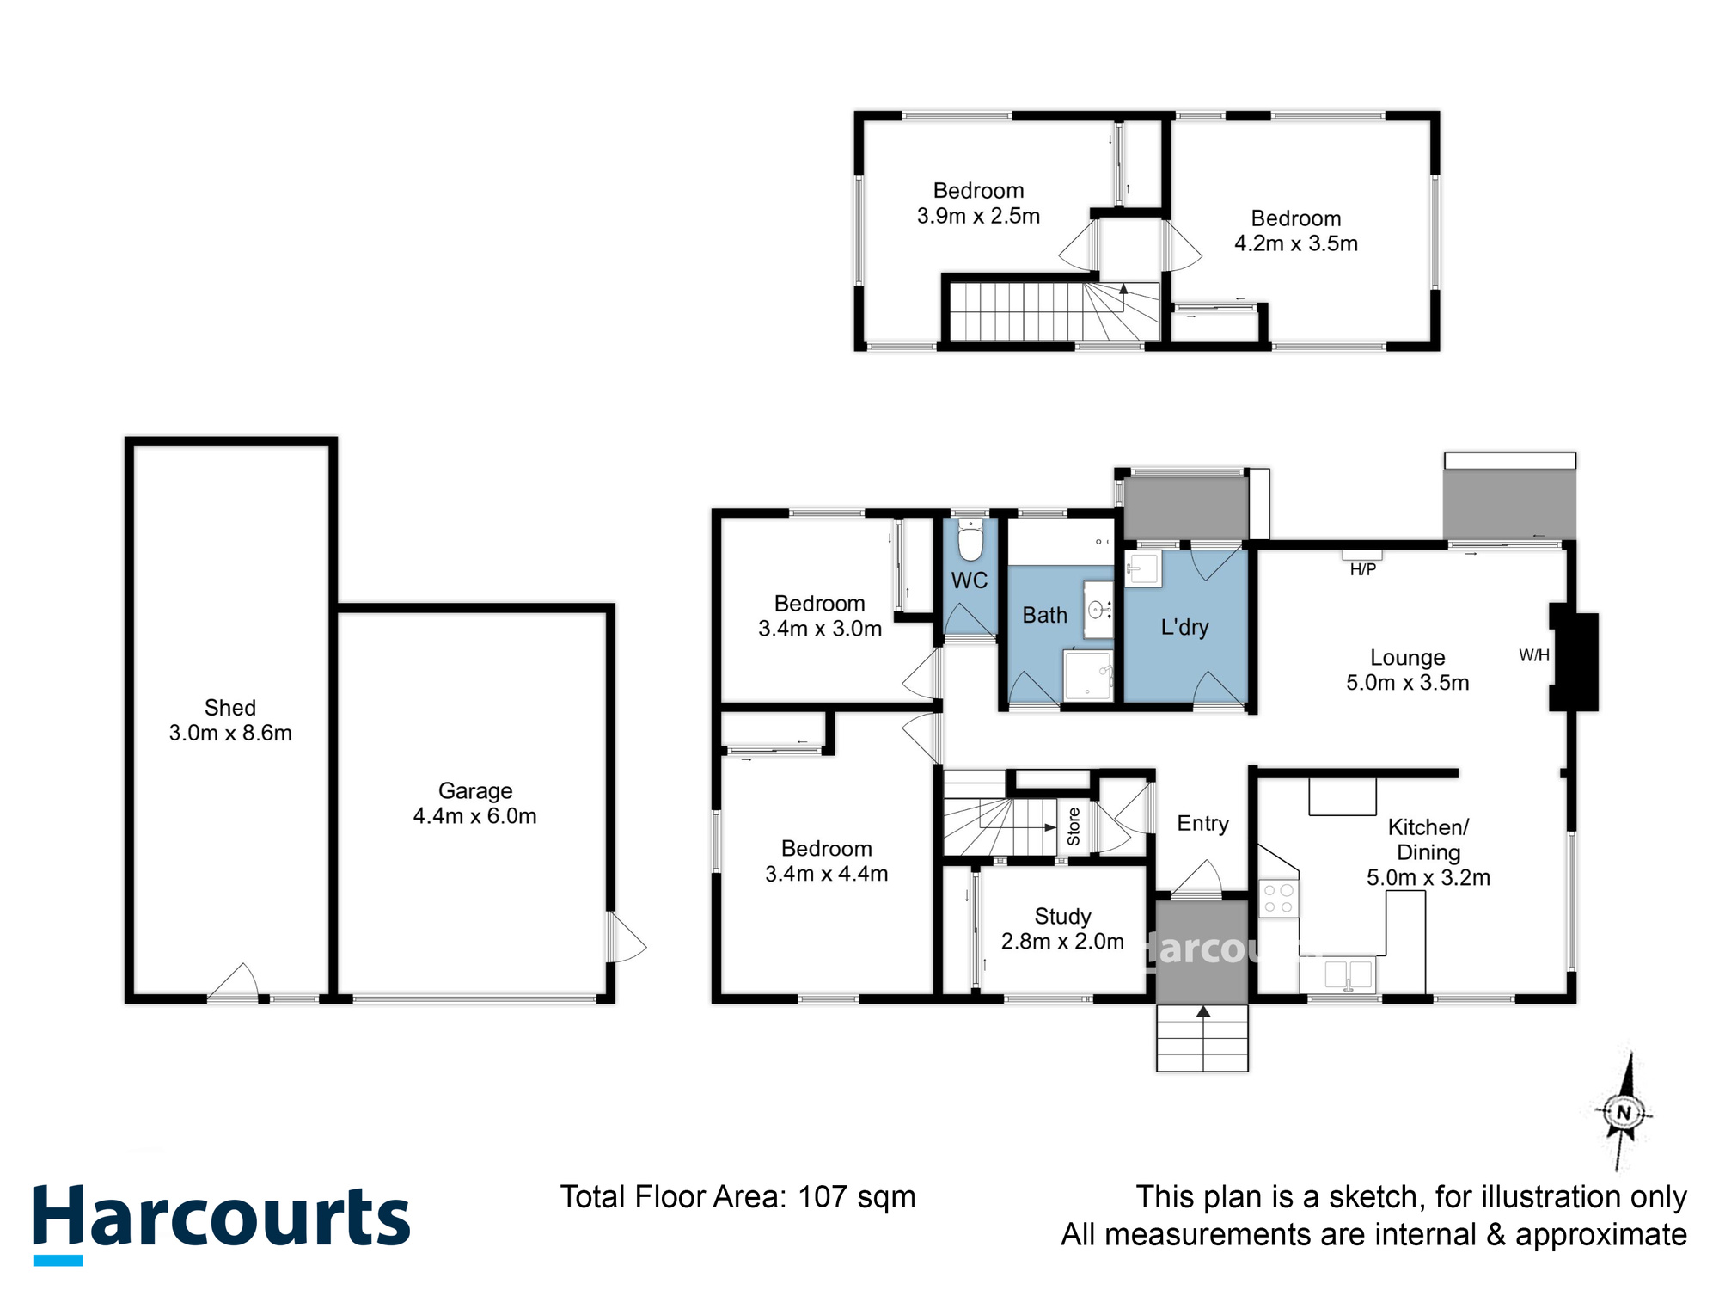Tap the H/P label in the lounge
1362,569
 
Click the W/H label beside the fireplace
1533,655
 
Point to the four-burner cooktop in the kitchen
1278,899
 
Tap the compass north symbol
1623,1113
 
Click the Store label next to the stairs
1074,826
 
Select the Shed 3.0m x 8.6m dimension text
230,733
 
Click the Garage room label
475,790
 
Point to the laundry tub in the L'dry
1143,568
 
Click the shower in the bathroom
1088,675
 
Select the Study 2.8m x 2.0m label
1062,929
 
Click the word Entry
1202,823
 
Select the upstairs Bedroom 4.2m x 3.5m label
1295,230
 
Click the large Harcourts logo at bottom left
221,1219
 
